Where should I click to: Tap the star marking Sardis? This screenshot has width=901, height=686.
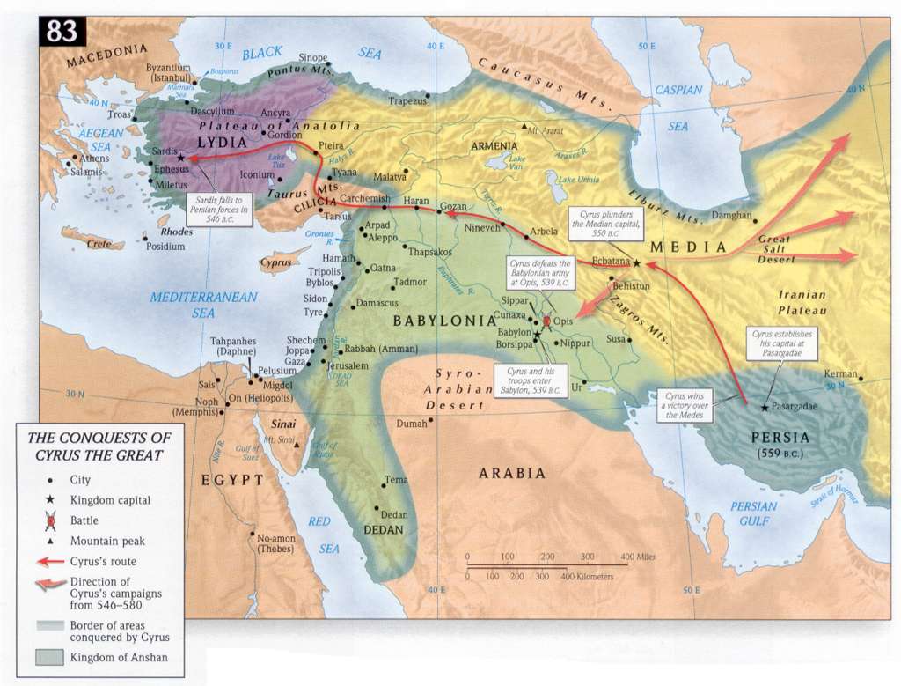point(181,159)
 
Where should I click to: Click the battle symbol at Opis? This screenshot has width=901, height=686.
point(546,322)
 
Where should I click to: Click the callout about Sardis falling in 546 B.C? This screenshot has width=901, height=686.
point(220,210)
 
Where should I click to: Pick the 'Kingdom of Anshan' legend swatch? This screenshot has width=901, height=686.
point(50,656)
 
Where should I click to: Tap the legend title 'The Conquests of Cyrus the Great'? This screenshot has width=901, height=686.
point(99,446)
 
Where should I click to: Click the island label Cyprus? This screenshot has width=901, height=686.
point(275,262)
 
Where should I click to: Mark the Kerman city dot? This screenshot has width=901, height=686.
point(861,380)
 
